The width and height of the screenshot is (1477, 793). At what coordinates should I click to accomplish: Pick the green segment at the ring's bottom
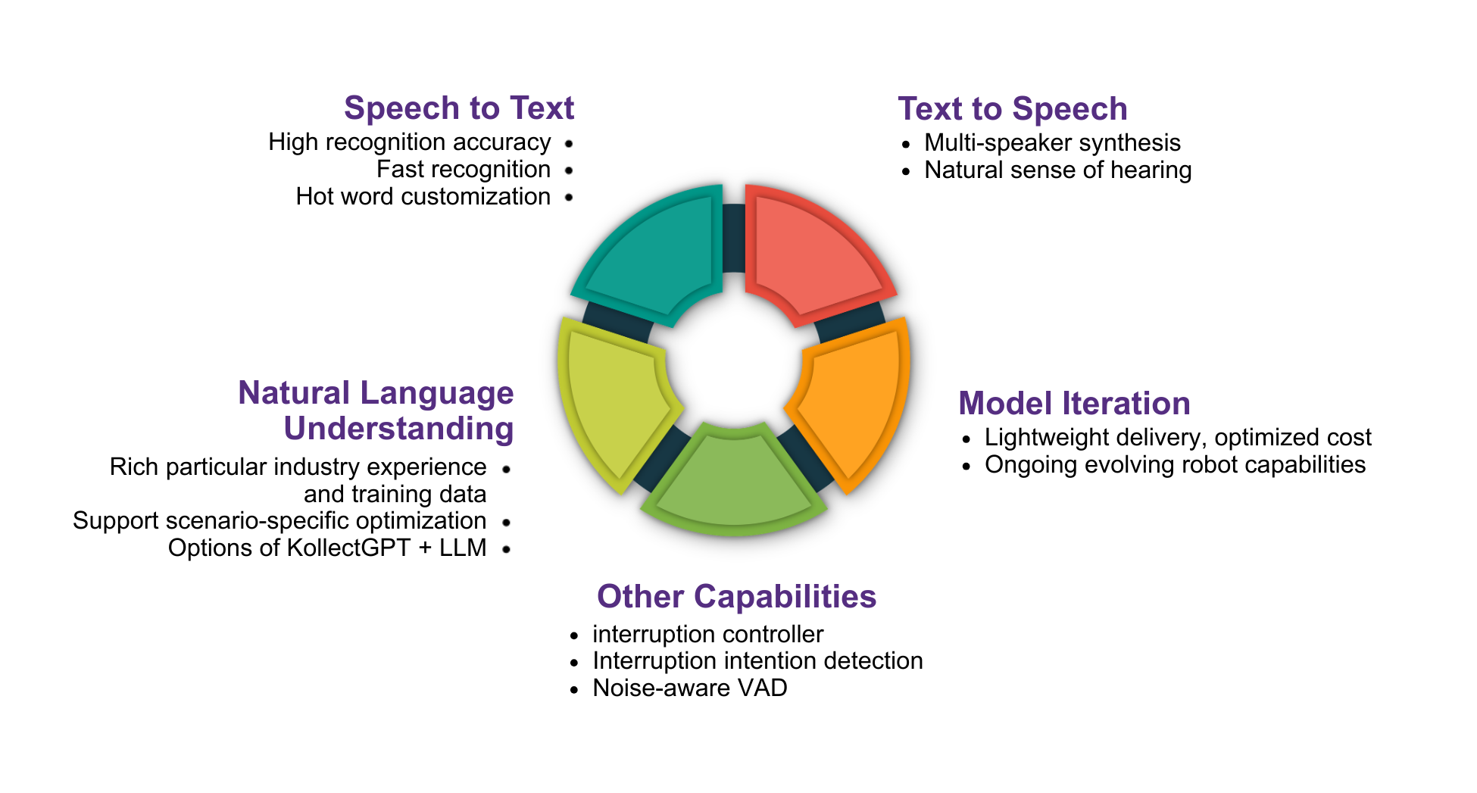tap(733, 481)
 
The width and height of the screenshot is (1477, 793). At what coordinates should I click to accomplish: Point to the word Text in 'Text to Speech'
tap(930, 109)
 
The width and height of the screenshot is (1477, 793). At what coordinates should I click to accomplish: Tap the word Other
tap(640, 597)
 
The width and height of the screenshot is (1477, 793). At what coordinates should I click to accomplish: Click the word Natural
tap(294, 393)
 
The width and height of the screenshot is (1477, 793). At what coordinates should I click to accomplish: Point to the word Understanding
tap(398, 429)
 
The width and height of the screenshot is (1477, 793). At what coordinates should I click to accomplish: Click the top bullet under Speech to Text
tap(569, 144)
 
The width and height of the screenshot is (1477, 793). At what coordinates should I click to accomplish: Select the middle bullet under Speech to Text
tap(569, 170)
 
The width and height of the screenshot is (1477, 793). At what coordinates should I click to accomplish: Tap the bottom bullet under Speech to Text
tap(569, 198)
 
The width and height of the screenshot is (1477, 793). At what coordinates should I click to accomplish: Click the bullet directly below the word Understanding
tap(506, 469)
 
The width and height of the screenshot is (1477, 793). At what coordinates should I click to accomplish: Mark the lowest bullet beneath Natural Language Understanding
tap(506, 549)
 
